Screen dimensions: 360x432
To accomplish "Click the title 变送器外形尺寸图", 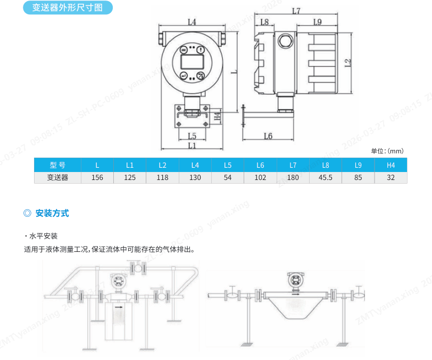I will click(68, 8).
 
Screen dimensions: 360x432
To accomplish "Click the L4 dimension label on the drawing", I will click(193, 22).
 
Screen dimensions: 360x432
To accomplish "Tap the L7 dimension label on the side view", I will click(296, 11).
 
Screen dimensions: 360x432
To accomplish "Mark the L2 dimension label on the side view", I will click(347, 62).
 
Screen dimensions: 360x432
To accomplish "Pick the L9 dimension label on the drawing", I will click(318, 22).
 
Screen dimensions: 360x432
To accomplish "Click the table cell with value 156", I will click(97, 177).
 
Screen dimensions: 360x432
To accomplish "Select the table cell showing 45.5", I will click(326, 177).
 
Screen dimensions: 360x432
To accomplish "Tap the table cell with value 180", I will click(293, 177).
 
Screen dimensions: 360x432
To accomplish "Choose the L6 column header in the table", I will click(260, 165).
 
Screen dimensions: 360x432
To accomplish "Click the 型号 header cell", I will click(57, 165).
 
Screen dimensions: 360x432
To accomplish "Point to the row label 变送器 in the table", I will click(57, 177).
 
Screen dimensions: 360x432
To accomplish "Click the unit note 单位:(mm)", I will click(387, 151).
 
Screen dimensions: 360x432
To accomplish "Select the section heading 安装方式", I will click(52, 214).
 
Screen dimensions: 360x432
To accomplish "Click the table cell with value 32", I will click(391, 177).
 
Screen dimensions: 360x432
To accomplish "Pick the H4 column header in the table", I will click(391, 165).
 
